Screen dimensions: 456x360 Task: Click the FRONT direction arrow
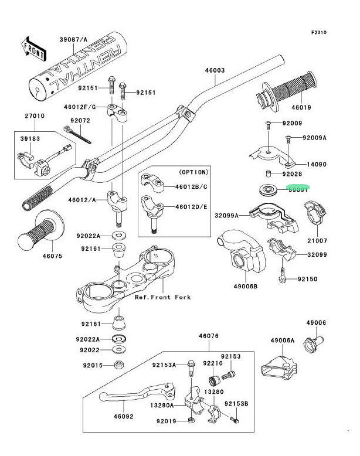(33, 48)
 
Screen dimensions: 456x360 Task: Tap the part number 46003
(215, 70)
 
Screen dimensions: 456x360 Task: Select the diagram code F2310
(335, 33)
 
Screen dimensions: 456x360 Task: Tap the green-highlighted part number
(298, 189)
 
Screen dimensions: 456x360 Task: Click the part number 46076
(208, 336)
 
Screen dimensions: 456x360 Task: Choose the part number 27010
(34, 116)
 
